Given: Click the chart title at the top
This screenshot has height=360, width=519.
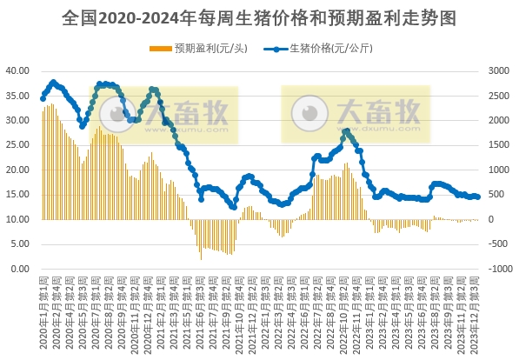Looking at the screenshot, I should [x=259, y=17].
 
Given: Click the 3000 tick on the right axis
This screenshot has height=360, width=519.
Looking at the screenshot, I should [x=501, y=70].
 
